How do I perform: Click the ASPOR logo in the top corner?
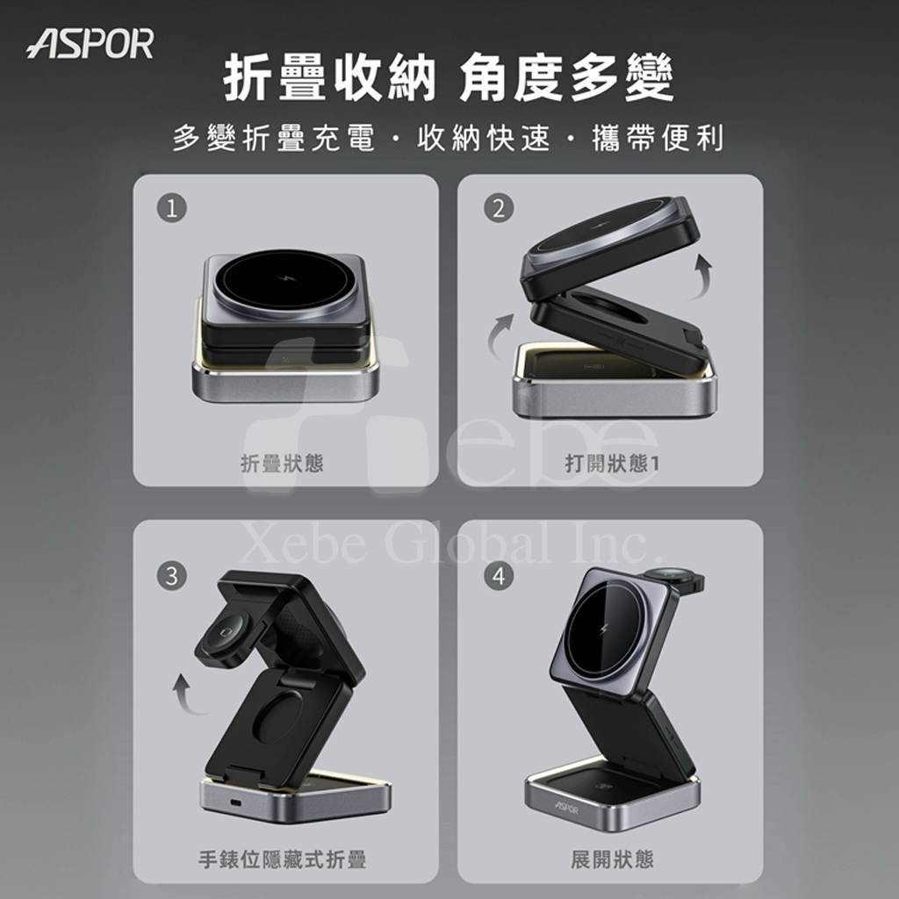click(x=90, y=44)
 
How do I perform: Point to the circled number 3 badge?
click(x=172, y=576)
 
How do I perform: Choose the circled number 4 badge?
click(x=499, y=576)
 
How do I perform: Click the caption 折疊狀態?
click(x=282, y=464)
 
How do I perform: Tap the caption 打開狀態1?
click(x=612, y=464)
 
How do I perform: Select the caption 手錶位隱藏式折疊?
click(x=282, y=859)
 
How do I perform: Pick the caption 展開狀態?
click(x=612, y=859)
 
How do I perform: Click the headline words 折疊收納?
click(x=330, y=77)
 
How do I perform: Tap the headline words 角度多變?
click(x=566, y=77)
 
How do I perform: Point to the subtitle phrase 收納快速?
click(x=484, y=138)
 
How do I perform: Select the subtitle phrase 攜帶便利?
click(x=658, y=138)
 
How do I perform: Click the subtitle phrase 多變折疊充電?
click(x=274, y=138)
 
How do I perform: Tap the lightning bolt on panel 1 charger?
click(x=284, y=279)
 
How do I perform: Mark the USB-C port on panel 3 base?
click(x=236, y=801)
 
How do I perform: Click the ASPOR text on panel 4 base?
click(x=566, y=808)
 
